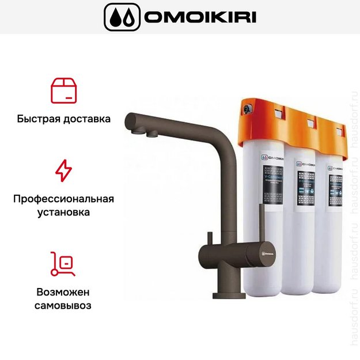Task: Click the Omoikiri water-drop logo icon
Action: point(122,17)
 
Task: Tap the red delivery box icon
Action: point(63,90)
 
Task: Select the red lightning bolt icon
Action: point(63,170)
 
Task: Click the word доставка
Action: point(86,120)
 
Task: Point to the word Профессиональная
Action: point(63,199)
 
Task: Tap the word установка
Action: point(63,213)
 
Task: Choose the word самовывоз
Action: point(63,305)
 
